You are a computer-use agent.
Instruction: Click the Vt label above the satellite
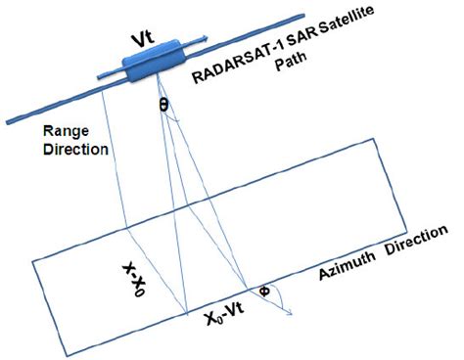coord(146,40)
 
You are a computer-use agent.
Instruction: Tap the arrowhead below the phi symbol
coord(291,313)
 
